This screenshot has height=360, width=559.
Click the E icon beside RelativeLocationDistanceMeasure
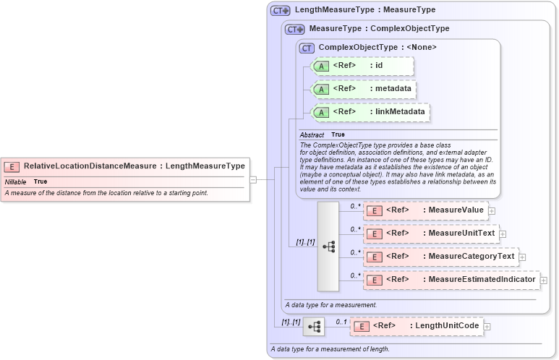pyautogui.click(x=12, y=166)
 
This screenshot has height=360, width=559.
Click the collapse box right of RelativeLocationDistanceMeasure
pyautogui.click(x=253, y=179)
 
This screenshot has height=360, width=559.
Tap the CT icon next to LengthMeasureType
pyautogui.click(x=281, y=11)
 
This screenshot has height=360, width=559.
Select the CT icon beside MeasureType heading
pyautogui.click(x=295, y=29)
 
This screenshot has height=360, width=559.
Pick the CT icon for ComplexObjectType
pyautogui.click(x=307, y=48)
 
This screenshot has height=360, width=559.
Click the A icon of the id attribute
pyautogui.click(x=320, y=66)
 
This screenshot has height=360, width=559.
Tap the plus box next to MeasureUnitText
pyautogui.click(x=503, y=233)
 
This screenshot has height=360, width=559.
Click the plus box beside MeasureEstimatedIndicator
pyautogui.click(x=544, y=280)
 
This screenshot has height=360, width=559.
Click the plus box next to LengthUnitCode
pyautogui.click(x=487, y=327)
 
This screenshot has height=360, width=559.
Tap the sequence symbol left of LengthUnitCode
pyautogui.click(x=314, y=327)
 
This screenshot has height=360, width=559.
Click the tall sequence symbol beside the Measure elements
pyautogui.click(x=328, y=247)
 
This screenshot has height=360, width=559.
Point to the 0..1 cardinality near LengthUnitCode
pyautogui.click(x=341, y=322)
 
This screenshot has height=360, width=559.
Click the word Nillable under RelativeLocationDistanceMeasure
pyautogui.click(x=15, y=181)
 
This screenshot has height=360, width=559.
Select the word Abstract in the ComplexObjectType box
pyautogui.click(x=312, y=135)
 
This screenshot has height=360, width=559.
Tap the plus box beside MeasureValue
pyautogui.click(x=492, y=210)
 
